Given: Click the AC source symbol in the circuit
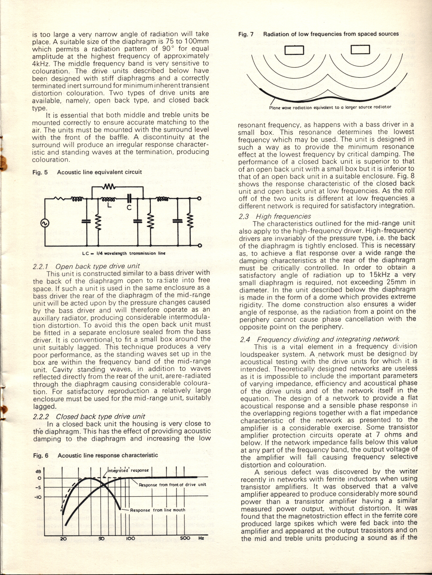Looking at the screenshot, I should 45,223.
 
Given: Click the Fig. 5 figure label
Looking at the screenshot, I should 40,172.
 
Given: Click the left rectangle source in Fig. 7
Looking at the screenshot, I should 295,50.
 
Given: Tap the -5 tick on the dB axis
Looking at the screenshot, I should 38,488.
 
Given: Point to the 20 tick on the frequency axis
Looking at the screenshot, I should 63,538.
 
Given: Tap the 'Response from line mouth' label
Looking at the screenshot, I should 158,510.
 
